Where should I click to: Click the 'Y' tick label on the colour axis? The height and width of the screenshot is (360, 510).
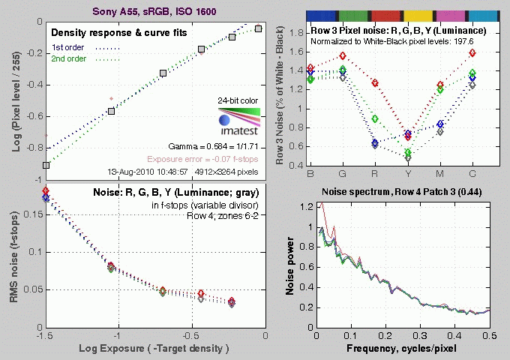407,173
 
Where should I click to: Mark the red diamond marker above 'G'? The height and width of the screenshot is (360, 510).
343,56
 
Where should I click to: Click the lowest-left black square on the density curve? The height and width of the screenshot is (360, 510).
46,165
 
